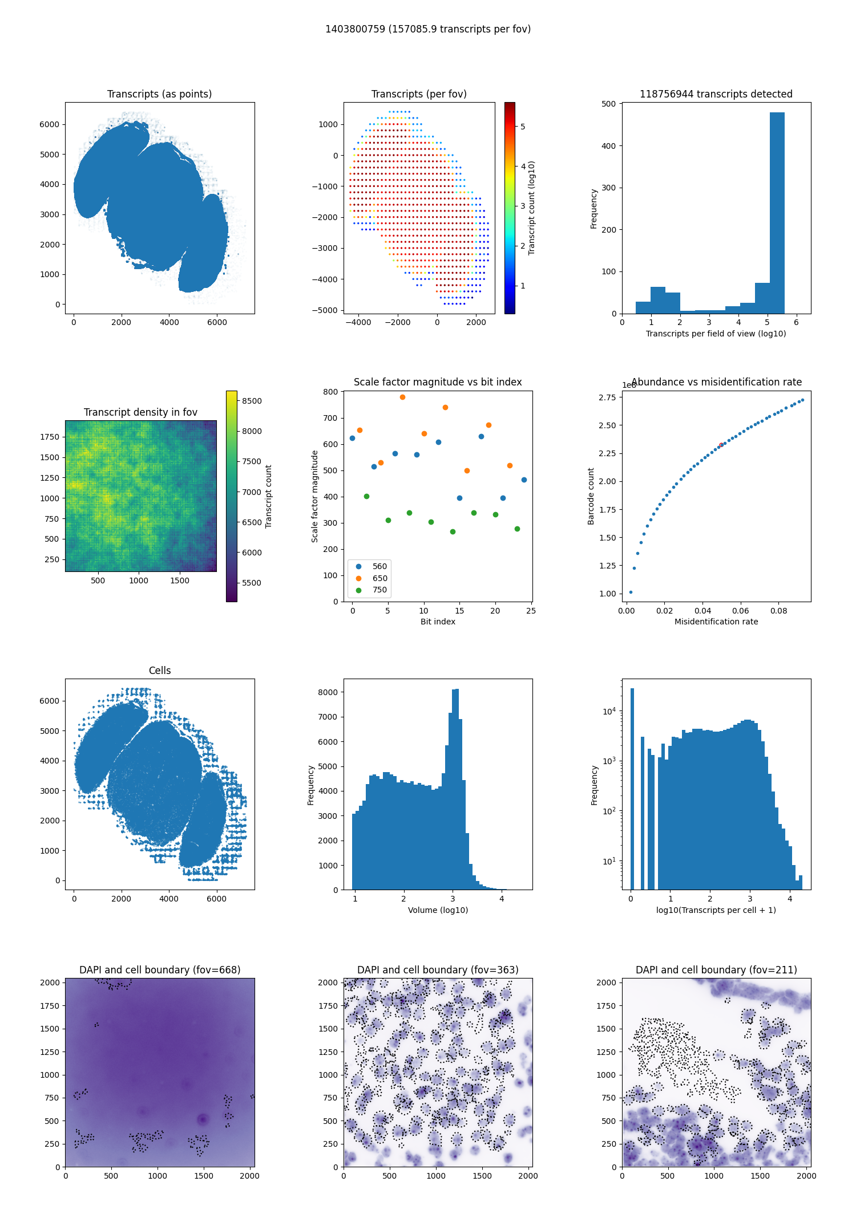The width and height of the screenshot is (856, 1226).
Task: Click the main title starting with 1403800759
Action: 428,29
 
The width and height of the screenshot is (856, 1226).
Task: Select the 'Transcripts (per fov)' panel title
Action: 419,94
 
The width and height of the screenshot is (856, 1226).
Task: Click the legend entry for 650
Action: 379,578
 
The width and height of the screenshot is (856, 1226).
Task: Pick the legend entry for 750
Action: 379,590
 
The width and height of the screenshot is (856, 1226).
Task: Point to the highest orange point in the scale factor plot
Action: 402,397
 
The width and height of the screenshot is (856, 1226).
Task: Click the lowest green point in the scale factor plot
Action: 453,531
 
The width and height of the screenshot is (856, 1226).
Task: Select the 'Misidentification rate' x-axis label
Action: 716,622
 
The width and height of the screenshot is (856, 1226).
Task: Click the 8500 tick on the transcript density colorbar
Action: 252,401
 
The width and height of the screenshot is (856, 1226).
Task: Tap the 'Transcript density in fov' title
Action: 140,412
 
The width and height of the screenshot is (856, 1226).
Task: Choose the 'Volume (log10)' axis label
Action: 438,910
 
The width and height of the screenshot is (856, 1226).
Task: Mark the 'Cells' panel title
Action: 160,671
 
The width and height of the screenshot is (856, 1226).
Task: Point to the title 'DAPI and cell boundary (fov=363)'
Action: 438,970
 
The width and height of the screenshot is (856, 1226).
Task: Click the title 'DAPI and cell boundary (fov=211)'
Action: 716,970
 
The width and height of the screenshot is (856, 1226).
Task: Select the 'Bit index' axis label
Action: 438,622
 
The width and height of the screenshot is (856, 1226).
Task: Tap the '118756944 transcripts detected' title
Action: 716,94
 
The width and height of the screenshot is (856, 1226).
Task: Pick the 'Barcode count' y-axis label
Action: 591,496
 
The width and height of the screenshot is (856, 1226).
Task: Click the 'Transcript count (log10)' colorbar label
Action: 532,208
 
